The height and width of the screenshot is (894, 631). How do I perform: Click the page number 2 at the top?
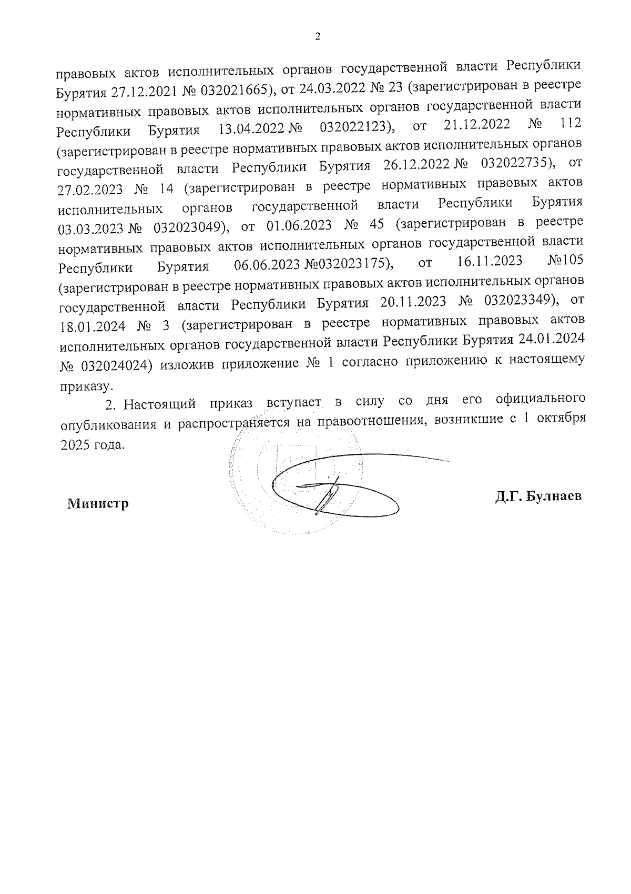(x=317, y=36)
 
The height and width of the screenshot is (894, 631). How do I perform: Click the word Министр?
(x=98, y=504)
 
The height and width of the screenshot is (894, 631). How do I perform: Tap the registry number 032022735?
(x=517, y=164)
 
